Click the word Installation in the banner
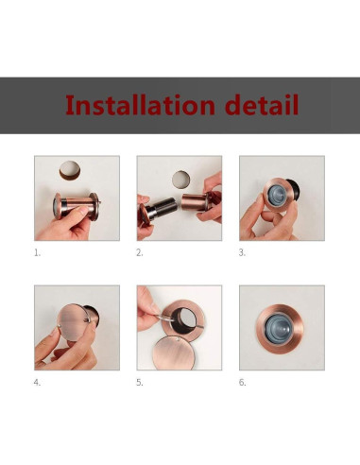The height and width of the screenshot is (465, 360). pos(140,105)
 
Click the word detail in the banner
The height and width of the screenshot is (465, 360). pos(262,105)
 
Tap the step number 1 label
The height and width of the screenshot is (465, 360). pos(37,252)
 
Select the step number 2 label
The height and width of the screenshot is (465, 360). pos(140,252)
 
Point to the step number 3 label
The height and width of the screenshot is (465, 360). pos(242,252)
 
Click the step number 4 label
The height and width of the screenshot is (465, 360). pos(37,383)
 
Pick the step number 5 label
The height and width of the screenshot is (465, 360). pos(140,383)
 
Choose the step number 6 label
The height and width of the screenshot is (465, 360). pos(242,383)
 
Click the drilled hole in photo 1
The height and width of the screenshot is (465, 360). pos(70,170)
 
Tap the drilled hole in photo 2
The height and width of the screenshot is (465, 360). pos(181,180)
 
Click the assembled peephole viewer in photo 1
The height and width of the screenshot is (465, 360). pos(77,205)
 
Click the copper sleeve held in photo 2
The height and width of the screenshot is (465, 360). pos(196,201)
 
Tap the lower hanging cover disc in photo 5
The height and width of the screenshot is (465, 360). pos(173,353)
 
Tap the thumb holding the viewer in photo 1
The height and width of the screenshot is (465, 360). pos(73,215)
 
